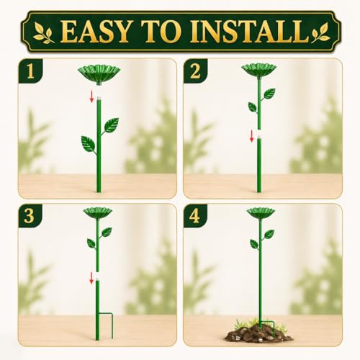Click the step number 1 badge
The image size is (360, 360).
click(x=30, y=71)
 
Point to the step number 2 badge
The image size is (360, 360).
click(x=195, y=71)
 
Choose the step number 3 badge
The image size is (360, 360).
click(x=30, y=216)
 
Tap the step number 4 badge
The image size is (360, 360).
click(x=194, y=216)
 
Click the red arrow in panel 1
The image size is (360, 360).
click(x=91, y=96)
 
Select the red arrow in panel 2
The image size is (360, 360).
click(x=251, y=136)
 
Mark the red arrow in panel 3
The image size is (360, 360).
click(x=91, y=278)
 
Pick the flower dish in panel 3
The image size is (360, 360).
click(x=98, y=213)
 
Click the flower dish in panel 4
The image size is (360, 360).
click(x=261, y=213)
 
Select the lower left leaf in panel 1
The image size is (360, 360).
click(x=88, y=144)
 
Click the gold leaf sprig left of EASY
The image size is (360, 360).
click(x=44, y=32)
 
